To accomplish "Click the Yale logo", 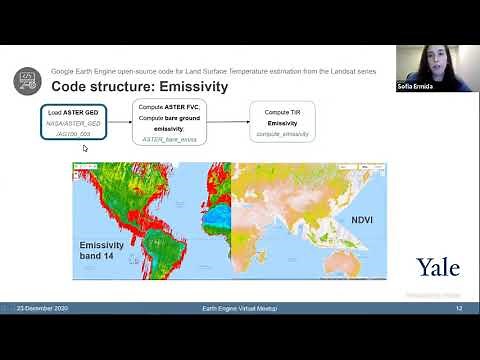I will pyautogui.click(x=437, y=267).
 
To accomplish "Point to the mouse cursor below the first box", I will pyautogui.click(x=85, y=149).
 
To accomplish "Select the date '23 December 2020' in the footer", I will pyautogui.click(x=42, y=309).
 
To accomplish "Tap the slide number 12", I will pyautogui.click(x=458, y=309).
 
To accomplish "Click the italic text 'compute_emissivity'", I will pyautogui.click(x=282, y=133).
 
